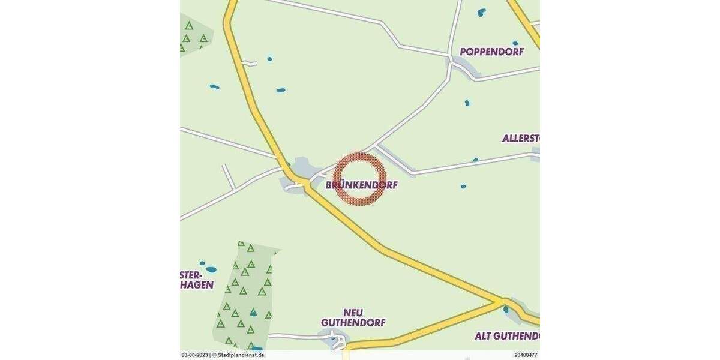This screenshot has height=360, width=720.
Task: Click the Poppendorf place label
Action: pyautogui.click(x=491, y=52)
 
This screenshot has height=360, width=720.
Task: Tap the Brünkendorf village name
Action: pyautogui.click(x=361, y=185)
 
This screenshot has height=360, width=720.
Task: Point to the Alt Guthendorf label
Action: pyautogui.click(x=507, y=335)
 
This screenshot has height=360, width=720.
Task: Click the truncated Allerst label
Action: pyautogui.click(x=521, y=139)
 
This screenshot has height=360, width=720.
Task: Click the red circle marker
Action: pyautogui.click(x=358, y=179)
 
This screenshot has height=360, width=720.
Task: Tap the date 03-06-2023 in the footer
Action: pyautogui.click(x=194, y=355)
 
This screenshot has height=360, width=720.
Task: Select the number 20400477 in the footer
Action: pyautogui.click(x=526, y=355)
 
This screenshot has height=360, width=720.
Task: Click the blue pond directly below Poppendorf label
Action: pyautogui.click(x=467, y=103)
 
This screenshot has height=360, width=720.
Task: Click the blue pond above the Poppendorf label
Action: pyautogui.click(x=481, y=11)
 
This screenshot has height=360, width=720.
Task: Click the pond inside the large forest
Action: pyautogui.click(x=254, y=313)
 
